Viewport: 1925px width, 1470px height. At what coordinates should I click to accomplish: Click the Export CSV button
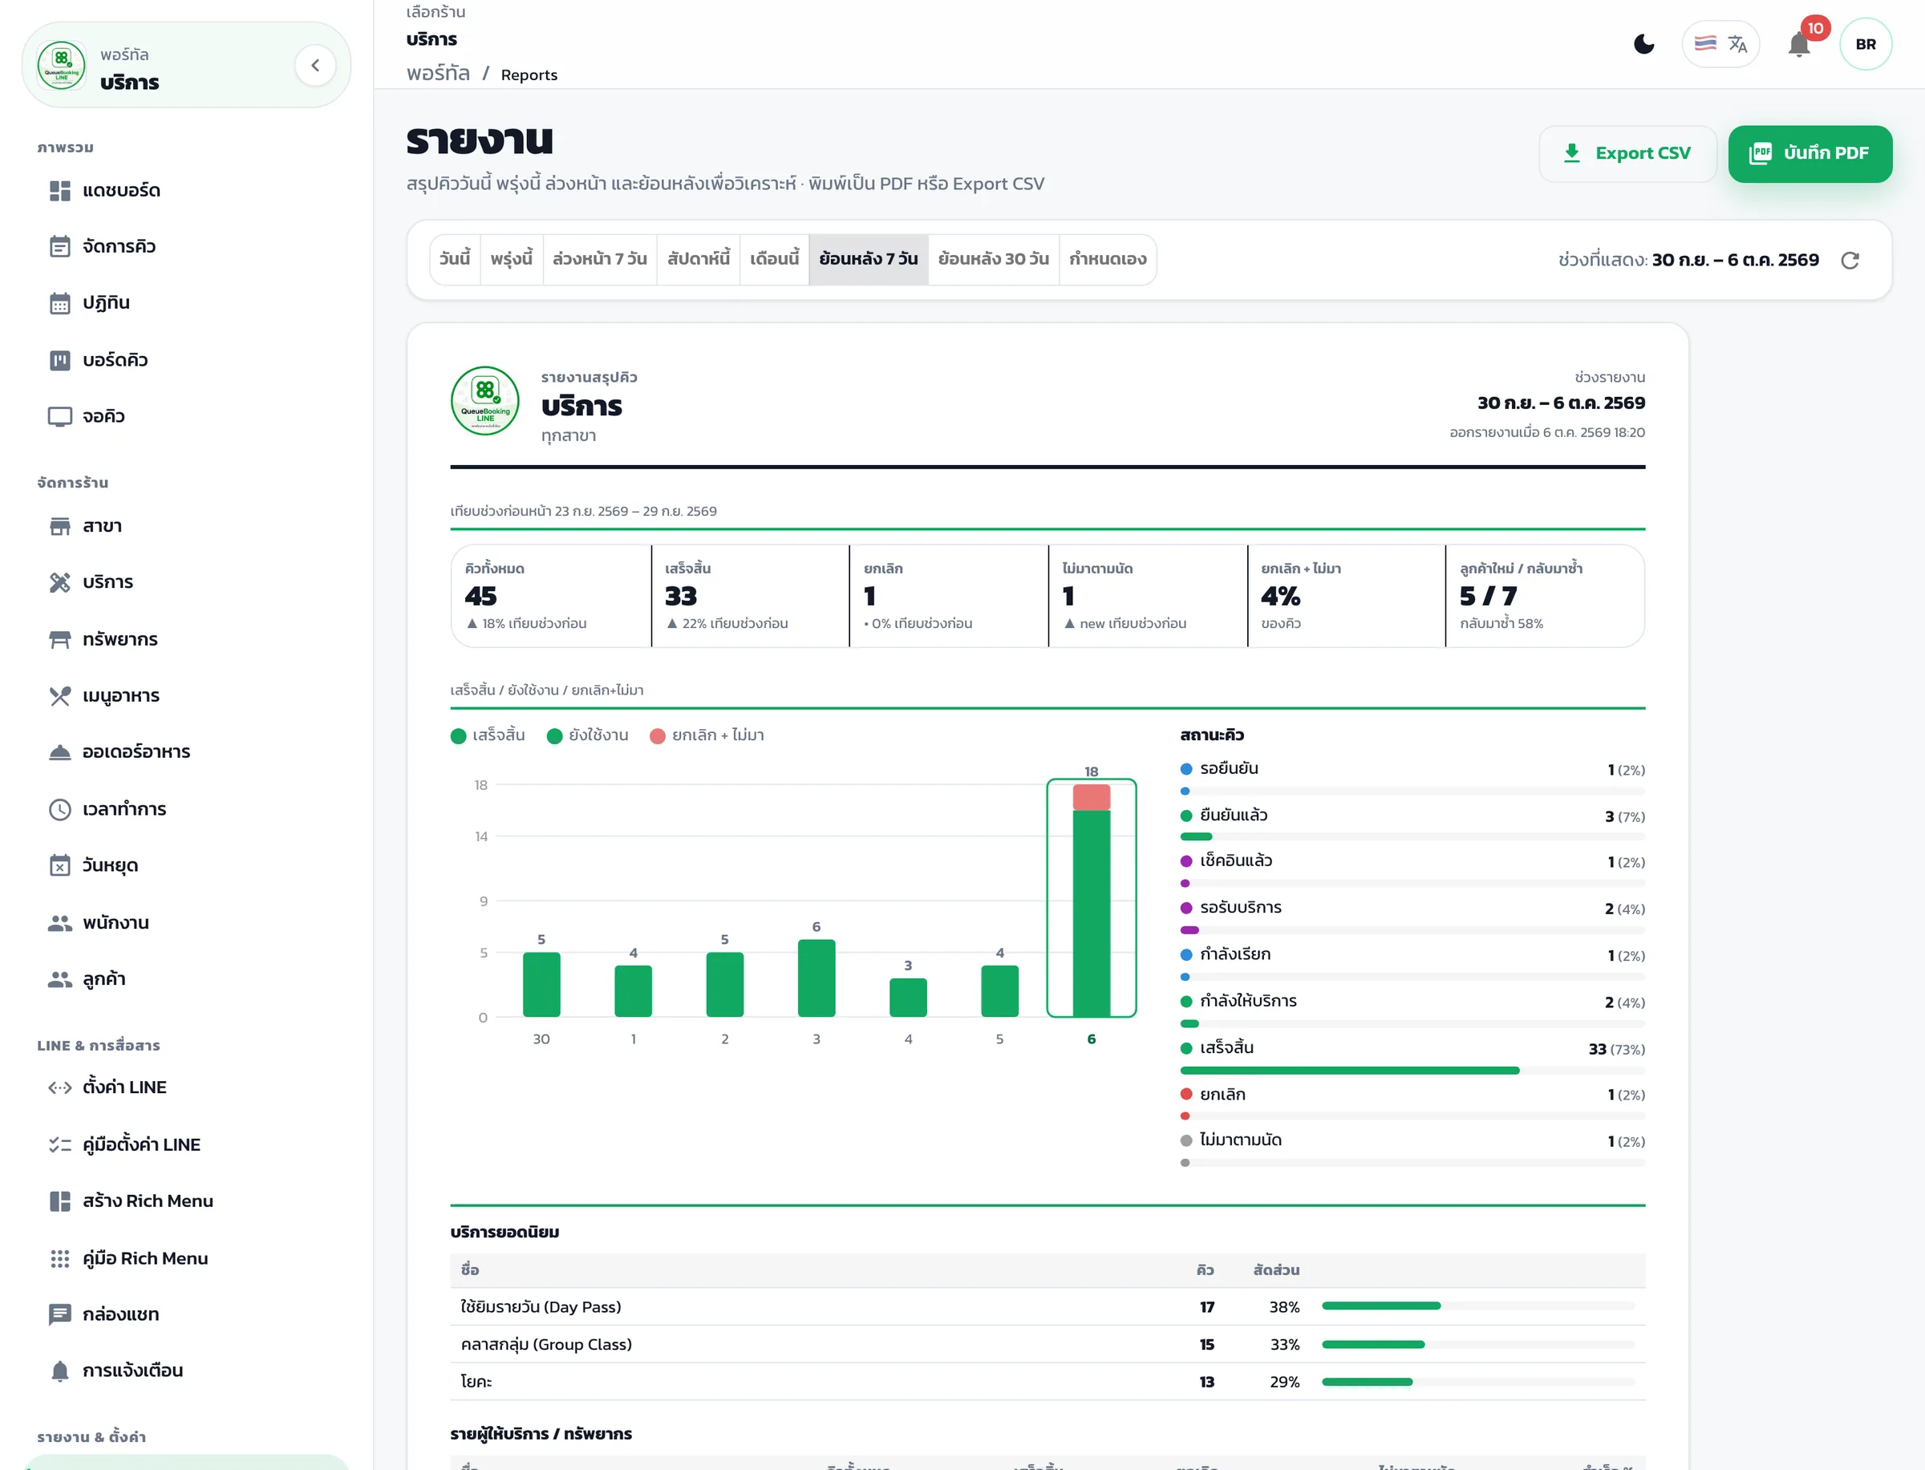(1627, 153)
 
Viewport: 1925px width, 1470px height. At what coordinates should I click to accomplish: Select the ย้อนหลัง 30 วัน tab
(993, 259)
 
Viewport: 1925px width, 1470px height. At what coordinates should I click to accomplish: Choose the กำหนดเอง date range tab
(1107, 259)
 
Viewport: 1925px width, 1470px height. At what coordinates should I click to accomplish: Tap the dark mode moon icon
(1644, 44)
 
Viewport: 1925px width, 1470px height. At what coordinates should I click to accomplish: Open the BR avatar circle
(1866, 44)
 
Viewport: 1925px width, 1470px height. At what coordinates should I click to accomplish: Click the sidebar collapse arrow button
(315, 65)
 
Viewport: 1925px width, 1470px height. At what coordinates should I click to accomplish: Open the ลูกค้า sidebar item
(103, 979)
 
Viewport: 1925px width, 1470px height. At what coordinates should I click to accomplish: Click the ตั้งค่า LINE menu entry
(124, 1087)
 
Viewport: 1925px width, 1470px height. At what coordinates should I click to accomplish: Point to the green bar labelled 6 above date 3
(817, 978)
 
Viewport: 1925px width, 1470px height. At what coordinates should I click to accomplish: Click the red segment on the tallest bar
(1091, 797)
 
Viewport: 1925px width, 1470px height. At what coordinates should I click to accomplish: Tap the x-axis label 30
(541, 1039)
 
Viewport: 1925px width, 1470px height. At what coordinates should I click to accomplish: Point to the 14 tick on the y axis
(481, 836)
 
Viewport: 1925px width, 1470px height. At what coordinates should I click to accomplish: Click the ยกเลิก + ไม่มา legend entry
(707, 735)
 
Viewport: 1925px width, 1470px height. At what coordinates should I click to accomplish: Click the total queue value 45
(480, 596)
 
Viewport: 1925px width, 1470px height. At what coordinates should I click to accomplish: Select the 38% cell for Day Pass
(1283, 1306)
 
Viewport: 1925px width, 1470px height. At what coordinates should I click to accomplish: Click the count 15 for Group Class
(1206, 1344)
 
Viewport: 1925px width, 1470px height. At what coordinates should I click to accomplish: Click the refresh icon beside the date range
(1850, 260)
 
